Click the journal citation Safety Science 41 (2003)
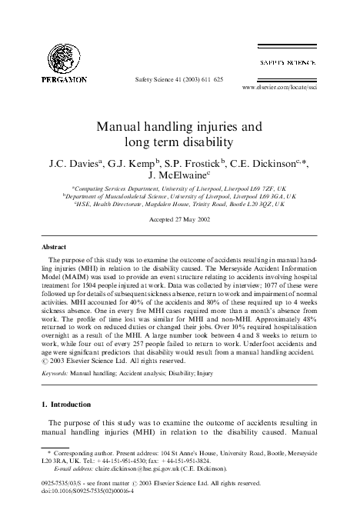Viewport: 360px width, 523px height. pyautogui.click(x=180, y=79)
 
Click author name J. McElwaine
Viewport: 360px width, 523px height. pyautogui.click(x=178, y=175)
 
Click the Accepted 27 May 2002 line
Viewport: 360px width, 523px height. pyautogui.click(x=179, y=220)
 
